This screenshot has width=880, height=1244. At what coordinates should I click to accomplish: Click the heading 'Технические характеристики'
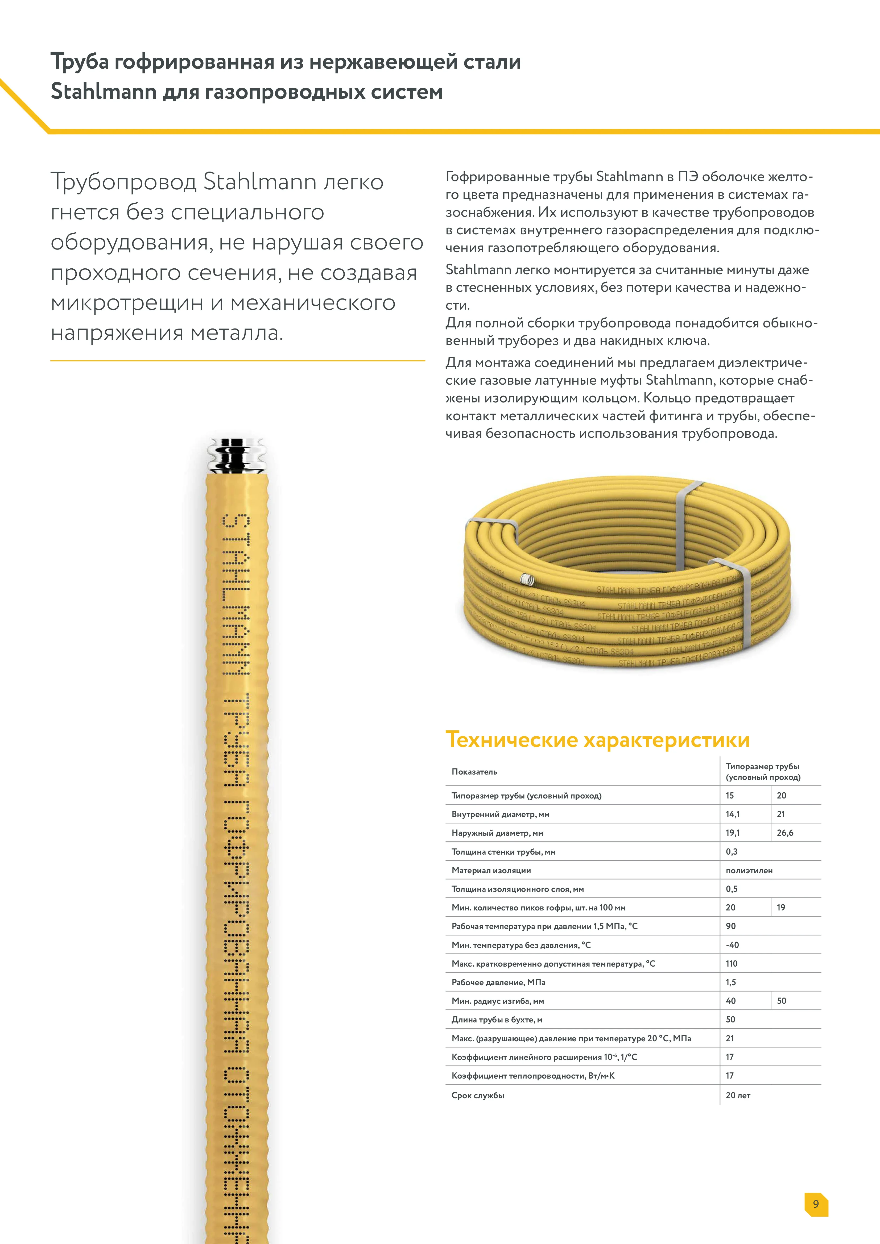[x=597, y=740]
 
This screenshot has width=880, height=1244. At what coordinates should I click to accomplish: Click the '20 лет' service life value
[x=738, y=1095]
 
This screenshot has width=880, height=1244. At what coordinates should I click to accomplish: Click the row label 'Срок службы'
[x=478, y=1095]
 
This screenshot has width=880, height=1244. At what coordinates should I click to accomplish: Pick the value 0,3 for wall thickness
[x=732, y=851]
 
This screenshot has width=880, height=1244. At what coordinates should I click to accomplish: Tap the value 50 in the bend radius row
[x=781, y=1001]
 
